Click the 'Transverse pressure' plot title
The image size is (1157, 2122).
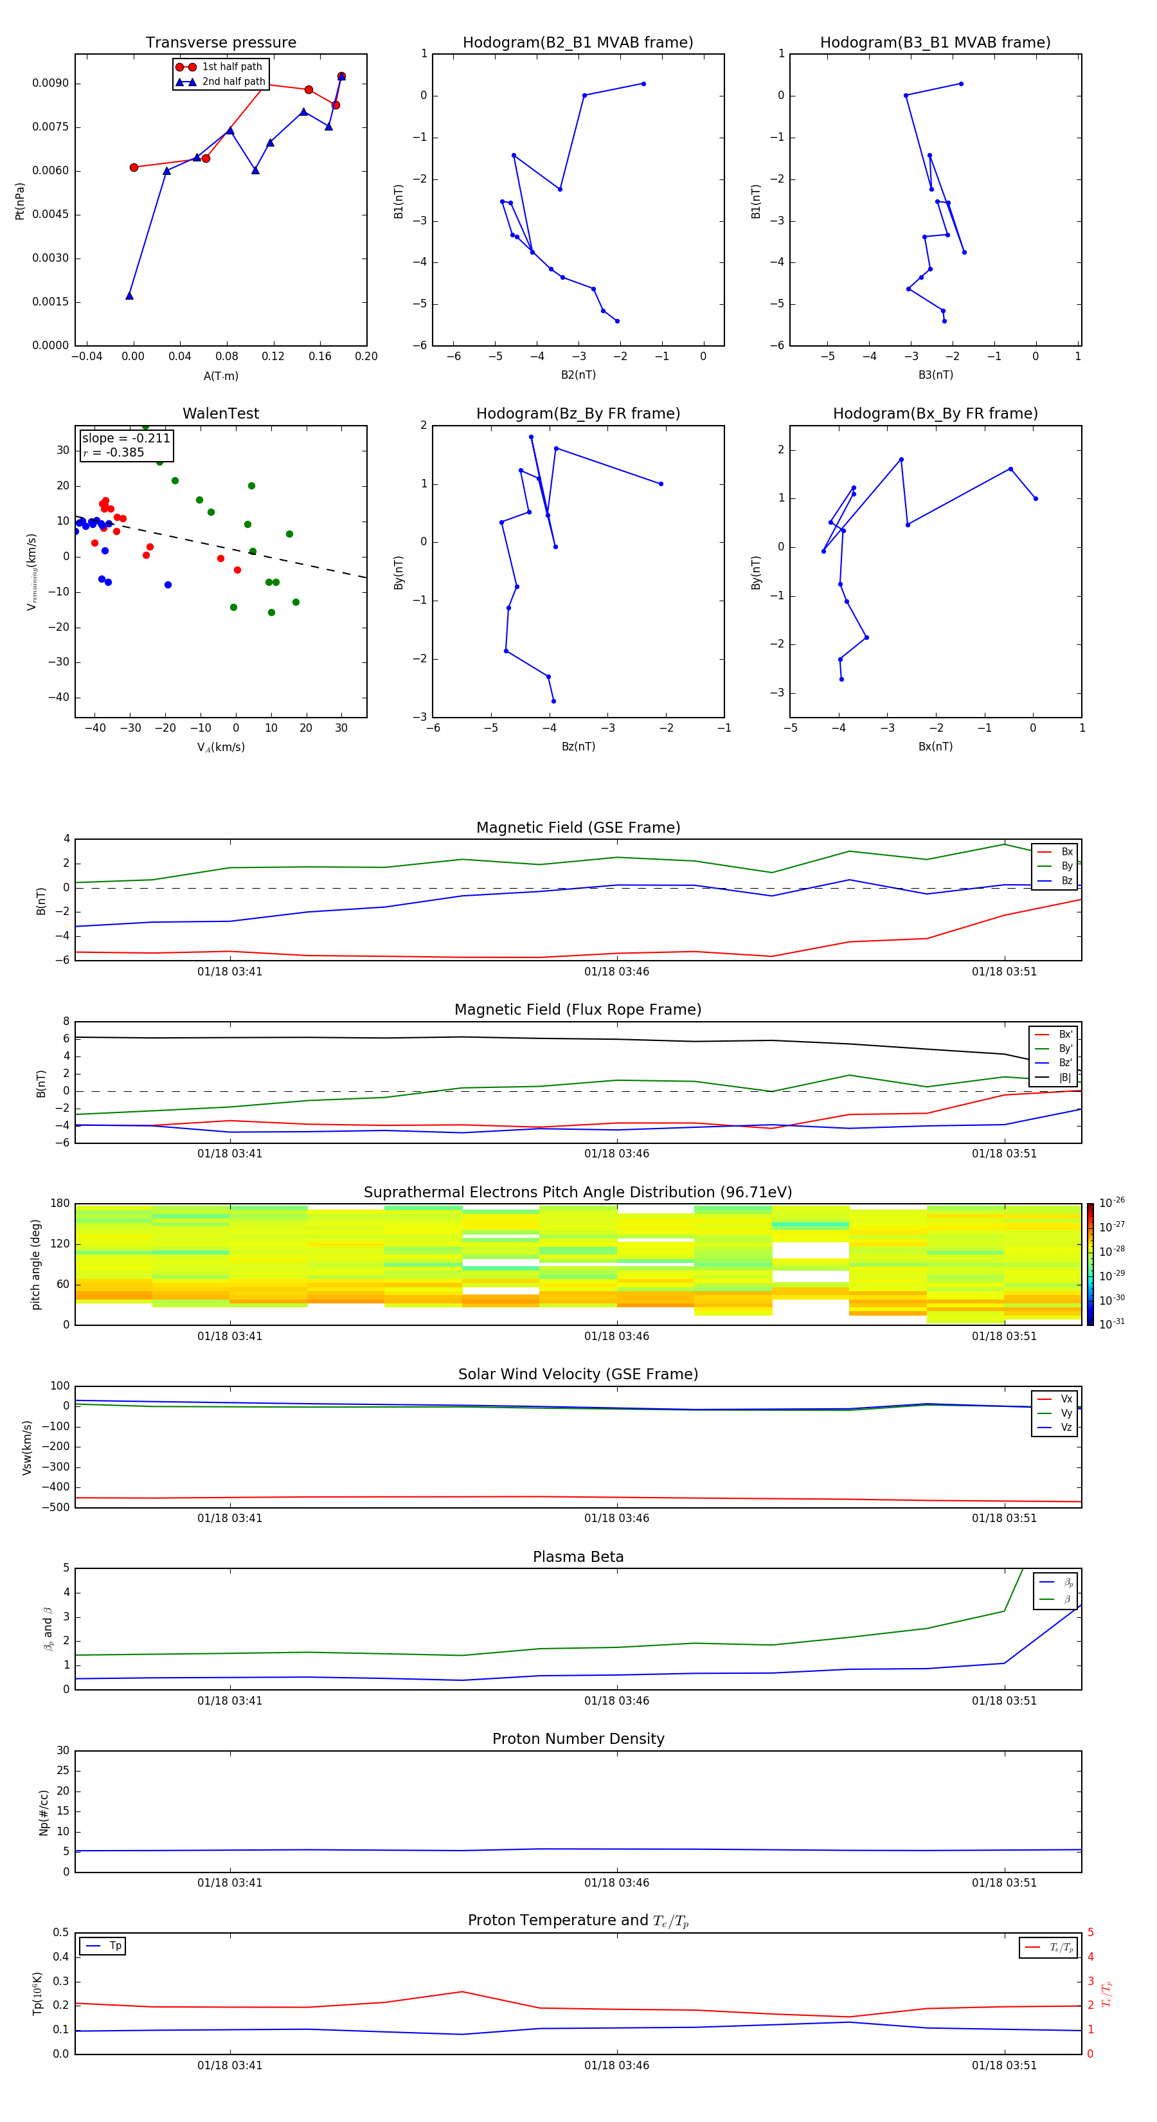pos(220,43)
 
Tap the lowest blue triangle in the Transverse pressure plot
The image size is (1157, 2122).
pos(129,296)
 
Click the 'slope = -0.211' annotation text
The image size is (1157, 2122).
pos(126,439)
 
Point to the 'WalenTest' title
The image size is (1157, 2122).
pos(220,413)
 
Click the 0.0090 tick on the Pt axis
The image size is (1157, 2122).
pos(50,83)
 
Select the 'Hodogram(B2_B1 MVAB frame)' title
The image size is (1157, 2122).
pos(577,43)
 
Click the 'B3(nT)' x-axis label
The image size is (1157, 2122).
pos(935,375)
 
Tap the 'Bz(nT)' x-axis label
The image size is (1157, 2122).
pos(578,747)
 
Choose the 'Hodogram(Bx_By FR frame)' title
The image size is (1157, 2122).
pos(935,413)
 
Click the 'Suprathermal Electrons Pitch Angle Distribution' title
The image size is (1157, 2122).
pos(577,1192)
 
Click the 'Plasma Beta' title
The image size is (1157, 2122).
pos(578,1557)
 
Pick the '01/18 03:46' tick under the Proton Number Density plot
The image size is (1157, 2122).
pos(617,1882)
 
